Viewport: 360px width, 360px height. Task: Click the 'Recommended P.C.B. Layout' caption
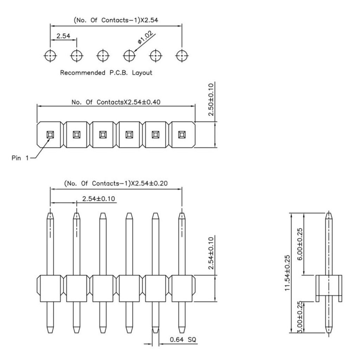coord(106,73)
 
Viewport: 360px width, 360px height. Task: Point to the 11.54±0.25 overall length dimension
coord(287,273)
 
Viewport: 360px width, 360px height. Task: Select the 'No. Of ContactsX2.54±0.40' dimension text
coord(116,102)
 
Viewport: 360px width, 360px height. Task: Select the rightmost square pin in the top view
coord(182,134)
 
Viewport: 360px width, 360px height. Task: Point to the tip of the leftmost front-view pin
coord(51,212)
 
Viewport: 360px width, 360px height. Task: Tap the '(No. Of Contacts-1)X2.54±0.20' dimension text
coord(116,184)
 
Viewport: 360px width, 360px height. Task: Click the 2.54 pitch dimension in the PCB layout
coord(63,36)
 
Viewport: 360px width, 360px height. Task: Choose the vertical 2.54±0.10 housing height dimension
coord(211,253)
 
